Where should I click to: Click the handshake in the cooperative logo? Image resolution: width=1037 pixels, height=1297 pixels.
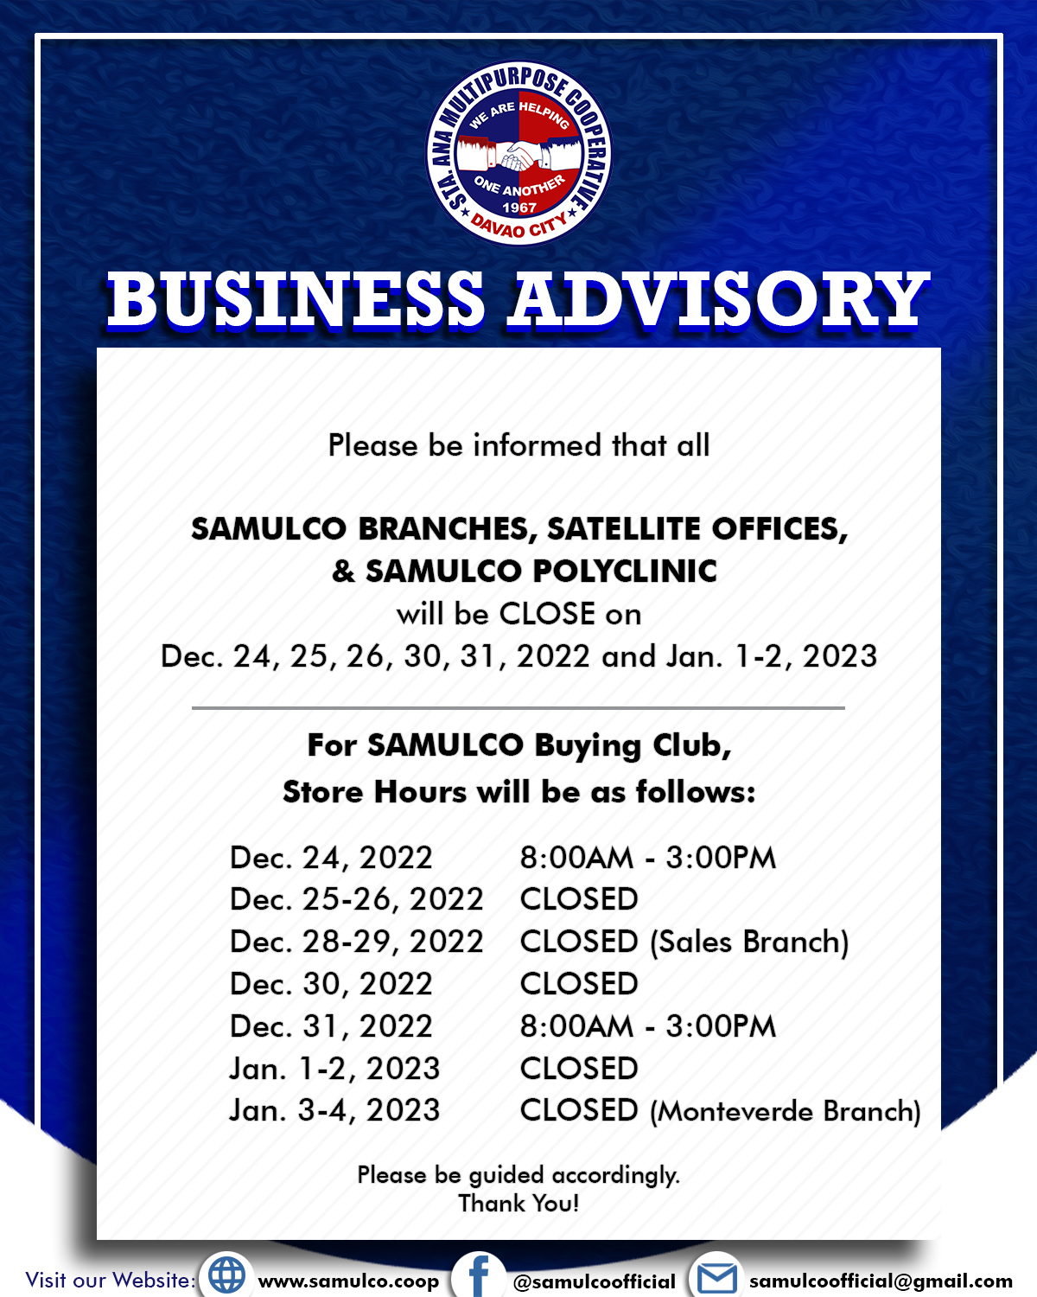tap(518, 157)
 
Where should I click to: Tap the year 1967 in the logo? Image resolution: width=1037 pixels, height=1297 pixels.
tap(518, 208)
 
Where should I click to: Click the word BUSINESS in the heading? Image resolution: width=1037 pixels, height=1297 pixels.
tap(296, 299)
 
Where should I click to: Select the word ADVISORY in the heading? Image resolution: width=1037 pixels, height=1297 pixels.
tap(719, 299)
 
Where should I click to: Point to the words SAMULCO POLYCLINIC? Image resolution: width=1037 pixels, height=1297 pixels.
tap(541, 572)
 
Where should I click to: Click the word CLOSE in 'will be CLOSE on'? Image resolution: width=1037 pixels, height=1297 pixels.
tap(547, 614)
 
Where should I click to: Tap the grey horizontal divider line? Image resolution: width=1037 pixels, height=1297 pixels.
tap(518, 708)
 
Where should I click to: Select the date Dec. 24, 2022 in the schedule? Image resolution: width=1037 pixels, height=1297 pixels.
tap(331, 858)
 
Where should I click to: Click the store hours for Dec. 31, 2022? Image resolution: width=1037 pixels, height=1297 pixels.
tap(648, 1026)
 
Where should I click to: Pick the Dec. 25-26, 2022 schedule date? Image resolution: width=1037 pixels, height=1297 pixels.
tap(357, 900)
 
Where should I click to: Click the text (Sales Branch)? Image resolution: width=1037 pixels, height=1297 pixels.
tap(749, 942)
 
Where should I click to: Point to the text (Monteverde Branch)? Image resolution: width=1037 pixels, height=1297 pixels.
tap(786, 1111)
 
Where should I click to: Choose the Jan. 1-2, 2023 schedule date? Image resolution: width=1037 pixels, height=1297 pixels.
tap(334, 1070)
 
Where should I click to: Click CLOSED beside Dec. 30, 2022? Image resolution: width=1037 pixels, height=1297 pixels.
tap(579, 984)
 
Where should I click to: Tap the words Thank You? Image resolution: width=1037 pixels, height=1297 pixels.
tap(518, 1204)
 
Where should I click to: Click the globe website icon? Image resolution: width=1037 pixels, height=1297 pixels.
tap(226, 1275)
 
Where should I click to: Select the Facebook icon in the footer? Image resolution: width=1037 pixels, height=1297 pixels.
tap(479, 1276)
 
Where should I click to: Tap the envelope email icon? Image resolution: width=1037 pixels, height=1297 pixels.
tap(716, 1278)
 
